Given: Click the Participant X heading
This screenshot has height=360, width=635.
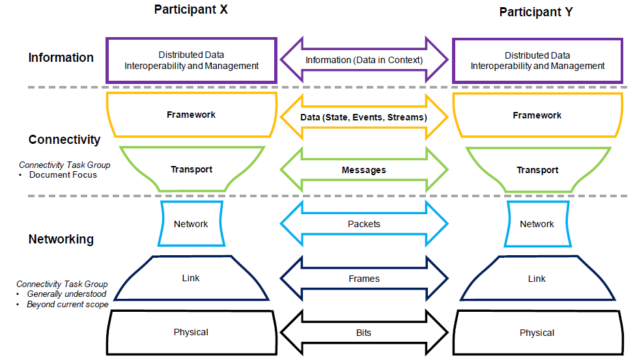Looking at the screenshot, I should [x=191, y=10].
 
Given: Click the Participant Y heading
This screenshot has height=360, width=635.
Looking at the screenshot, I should [x=537, y=12].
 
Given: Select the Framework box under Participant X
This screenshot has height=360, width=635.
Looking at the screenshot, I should [x=191, y=115].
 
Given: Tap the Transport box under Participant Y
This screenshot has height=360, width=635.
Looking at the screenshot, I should [x=537, y=170].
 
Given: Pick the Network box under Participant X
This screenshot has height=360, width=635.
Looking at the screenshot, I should [x=191, y=224].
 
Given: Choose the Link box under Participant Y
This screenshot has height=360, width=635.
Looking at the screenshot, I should [x=537, y=279].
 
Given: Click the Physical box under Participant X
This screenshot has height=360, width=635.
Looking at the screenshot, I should [x=191, y=333].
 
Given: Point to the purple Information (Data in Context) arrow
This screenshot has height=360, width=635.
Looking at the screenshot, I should [x=364, y=60].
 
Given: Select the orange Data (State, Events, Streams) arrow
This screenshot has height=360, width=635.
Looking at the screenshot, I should [x=364, y=117].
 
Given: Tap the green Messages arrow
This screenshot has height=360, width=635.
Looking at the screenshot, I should [x=364, y=170].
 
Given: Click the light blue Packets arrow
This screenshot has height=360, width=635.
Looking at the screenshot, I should [x=364, y=224].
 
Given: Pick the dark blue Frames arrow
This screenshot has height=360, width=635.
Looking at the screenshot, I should [x=364, y=279].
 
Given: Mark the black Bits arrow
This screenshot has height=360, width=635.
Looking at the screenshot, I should [x=364, y=333].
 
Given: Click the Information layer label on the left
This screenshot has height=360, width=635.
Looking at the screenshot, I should [x=61, y=58].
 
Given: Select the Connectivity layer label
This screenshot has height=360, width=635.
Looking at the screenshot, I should [x=64, y=139].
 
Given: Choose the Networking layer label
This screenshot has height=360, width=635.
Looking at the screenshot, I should [x=61, y=239].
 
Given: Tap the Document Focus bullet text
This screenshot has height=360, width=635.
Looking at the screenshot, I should [x=63, y=174].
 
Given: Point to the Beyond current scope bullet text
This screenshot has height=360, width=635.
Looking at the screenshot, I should [x=68, y=304].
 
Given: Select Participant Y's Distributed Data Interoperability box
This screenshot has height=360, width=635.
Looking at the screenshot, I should [x=537, y=61].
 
